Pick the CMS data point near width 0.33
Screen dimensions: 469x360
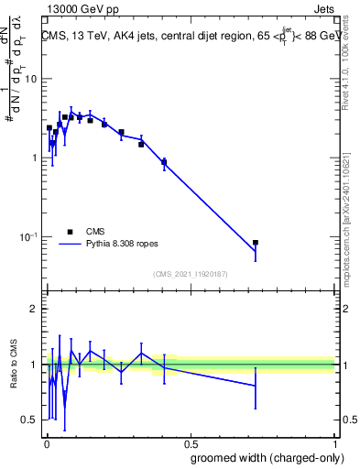click(141, 144)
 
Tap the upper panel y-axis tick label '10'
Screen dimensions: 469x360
click(32, 79)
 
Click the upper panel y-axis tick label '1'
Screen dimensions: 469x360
click(35, 158)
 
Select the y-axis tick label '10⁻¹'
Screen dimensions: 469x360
click(30, 236)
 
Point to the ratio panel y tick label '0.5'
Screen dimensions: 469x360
click(30, 420)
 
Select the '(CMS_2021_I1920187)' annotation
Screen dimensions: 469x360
click(191, 273)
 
